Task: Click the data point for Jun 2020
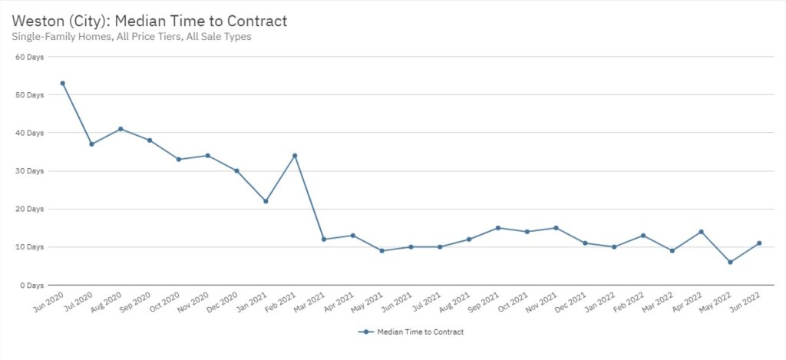62,83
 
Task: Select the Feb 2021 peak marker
295,156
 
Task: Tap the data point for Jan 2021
266,201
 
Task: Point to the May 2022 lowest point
730,262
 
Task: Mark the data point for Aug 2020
121,129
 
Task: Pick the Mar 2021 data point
324,239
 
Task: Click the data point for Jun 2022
759,243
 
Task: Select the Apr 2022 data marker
701,232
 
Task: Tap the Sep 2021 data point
498,228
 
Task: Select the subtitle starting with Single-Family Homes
131,36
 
